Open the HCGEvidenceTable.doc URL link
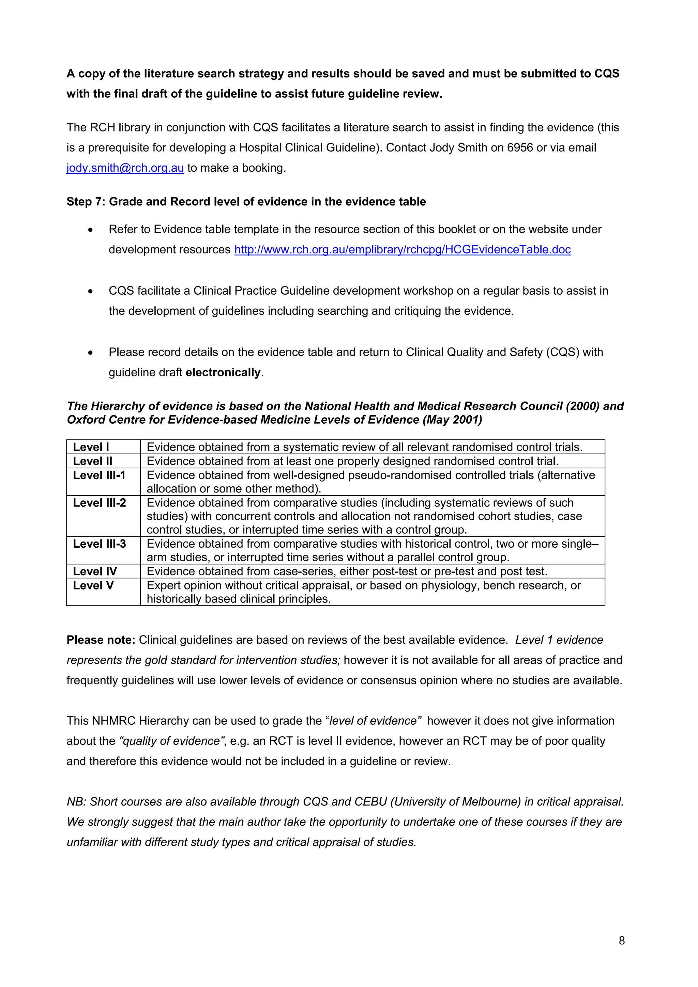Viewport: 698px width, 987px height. [x=402, y=249]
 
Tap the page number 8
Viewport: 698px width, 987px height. [x=621, y=941]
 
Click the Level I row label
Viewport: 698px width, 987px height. [x=91, y=447]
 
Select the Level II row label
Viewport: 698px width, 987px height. [x=92, y=461]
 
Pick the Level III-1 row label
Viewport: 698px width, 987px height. [x=99, y=475]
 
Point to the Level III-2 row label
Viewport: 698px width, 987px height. [x=99, y=503]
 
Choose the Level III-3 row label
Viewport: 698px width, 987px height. [x=99, y=544]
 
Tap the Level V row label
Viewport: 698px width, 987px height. [x=93, y=585]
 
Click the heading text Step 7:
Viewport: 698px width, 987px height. [x=86, y=202]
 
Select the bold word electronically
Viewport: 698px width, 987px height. [x=223, y=372]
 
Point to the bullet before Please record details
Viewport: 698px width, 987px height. [x=90, y=352]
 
